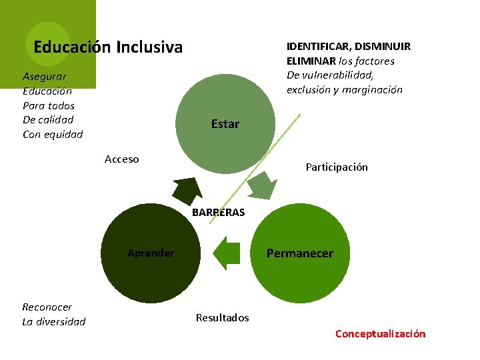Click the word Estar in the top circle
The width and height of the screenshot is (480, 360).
(225, 124)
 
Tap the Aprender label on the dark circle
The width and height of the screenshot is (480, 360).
(151, 253)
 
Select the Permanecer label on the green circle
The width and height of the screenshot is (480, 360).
(299, 253)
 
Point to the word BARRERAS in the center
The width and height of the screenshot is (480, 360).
(218, 213)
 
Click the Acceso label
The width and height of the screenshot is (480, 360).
(122, 159)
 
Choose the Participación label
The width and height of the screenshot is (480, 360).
(336, 167)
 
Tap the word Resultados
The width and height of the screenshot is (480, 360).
(222, 318)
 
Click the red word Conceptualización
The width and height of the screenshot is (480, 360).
(380, 334)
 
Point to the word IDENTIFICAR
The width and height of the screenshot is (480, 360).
(317, 47)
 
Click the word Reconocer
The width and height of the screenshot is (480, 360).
(47, 307)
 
